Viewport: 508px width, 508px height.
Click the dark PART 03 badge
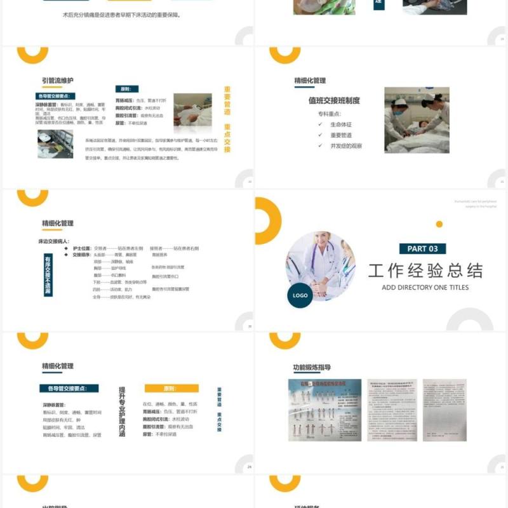click(422, 249)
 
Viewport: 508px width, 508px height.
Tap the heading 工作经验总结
click(425, 271)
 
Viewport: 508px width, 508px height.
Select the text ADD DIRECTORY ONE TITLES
click(425, 288)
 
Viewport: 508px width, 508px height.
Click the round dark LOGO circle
click(300, 295)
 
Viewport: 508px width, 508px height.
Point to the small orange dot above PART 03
click(439, 224)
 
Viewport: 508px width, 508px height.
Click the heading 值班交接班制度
click(334, 100)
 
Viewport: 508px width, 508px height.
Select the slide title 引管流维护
click(58, 81)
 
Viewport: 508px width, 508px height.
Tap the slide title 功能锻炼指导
click(312, 367)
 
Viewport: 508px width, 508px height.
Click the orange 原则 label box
click(171, 388)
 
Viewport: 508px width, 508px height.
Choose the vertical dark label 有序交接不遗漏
click(48, 276)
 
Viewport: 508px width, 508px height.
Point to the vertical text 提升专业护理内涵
click(122, 411)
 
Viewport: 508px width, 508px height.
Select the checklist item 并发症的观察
click(346, 145)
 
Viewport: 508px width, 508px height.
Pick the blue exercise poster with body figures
click(324, 410)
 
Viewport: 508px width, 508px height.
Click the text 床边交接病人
click(54, 241)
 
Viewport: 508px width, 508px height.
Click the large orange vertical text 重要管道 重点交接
click(227, 119)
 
